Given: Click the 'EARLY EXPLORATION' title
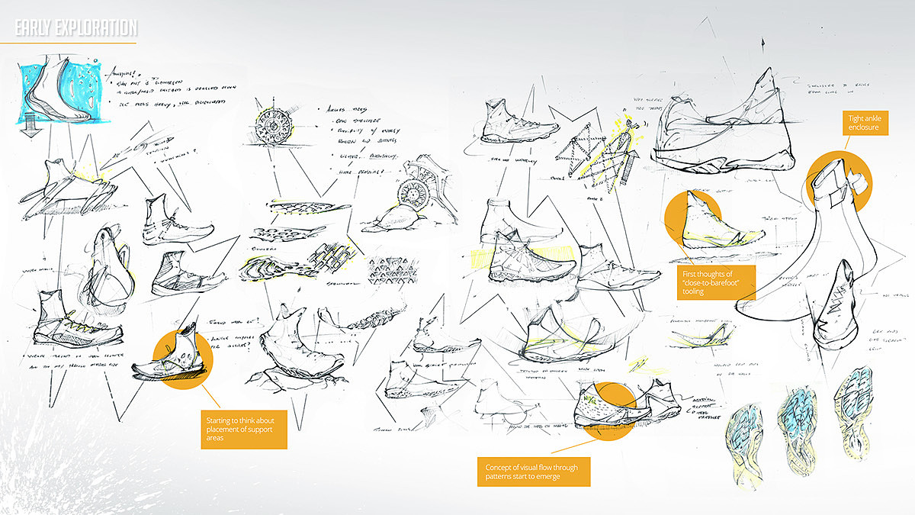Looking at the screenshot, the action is point(76,29).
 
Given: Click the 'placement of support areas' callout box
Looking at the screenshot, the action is point(245,430).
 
